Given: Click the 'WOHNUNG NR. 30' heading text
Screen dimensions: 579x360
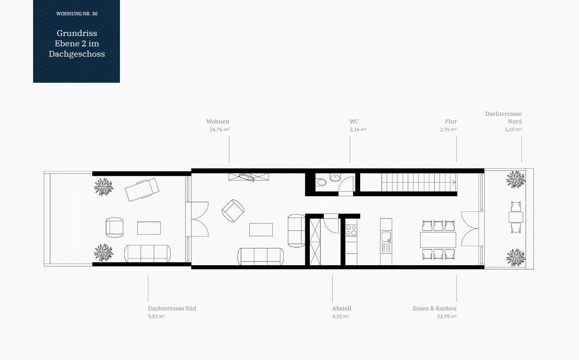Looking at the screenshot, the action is (x=77, y=14).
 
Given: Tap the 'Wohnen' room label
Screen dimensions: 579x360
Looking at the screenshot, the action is (x=218, y=121).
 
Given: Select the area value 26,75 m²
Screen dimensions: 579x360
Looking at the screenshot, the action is (x=220, y=129).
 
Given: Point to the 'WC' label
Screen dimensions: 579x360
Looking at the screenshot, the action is (x=354, y=121).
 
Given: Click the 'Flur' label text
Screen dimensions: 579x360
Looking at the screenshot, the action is (x=451, y=121).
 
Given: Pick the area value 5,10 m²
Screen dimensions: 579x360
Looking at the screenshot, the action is (x=513, y=129).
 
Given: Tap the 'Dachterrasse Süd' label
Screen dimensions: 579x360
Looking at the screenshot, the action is (x=172, y=308).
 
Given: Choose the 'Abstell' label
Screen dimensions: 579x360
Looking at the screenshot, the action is (x=342, y=308).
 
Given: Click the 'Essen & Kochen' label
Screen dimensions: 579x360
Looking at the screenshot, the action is (x=435, y=308).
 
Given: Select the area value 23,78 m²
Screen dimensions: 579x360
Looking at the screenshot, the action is (x=447, y=316).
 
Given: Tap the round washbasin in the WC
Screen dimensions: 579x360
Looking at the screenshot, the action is (x=335, y=177).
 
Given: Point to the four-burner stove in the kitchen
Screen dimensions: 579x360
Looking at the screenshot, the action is (x=351, y=230).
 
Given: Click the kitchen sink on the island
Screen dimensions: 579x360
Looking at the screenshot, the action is (x=386, y=237).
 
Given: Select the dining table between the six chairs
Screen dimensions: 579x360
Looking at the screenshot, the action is (x=438, y=240).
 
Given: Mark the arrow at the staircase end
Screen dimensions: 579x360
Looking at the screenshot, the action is (x=453, y=182).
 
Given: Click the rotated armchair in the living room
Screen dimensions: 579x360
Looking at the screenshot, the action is (x=233, y=211).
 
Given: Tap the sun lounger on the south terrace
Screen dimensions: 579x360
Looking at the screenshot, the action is (x=142, y=190).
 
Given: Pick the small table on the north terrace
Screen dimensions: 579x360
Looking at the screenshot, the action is (x=516, y=217).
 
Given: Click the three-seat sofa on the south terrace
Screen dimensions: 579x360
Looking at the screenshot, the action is (x=147, y=254).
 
